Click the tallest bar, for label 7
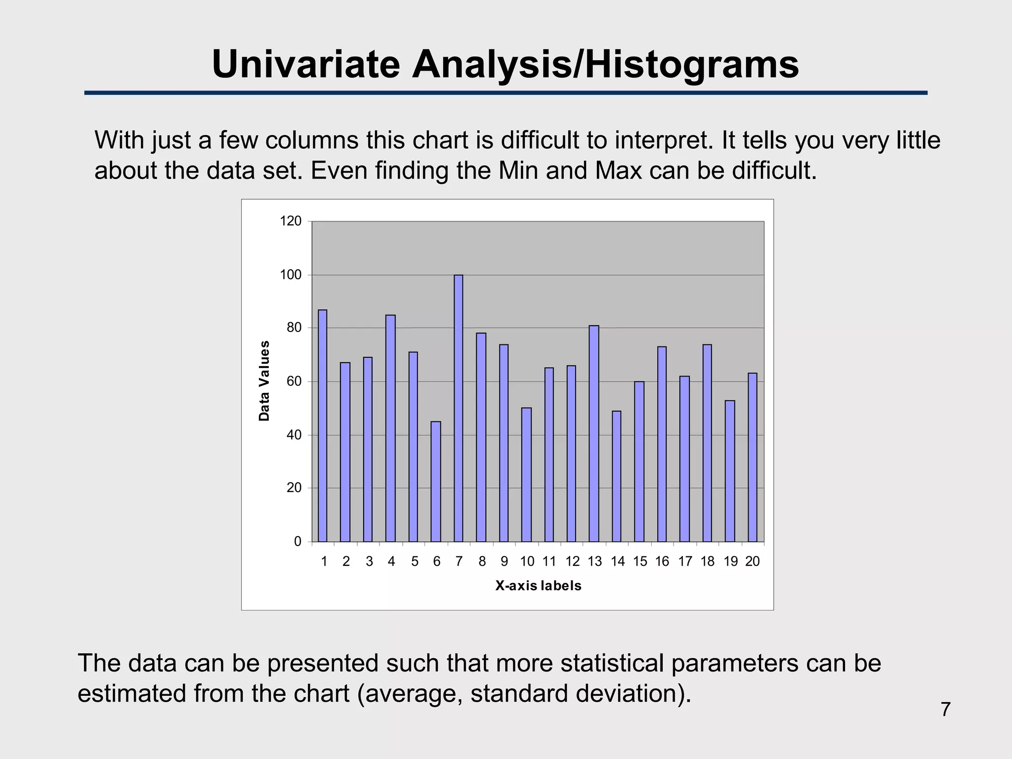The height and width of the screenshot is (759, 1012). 459,408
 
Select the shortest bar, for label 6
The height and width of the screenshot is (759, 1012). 436,481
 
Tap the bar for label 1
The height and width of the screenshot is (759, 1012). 322,425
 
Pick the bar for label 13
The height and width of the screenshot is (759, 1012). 594,433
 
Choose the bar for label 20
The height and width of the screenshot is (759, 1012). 752,457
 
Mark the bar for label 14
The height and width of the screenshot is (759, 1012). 616,476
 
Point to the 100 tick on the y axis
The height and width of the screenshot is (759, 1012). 291,275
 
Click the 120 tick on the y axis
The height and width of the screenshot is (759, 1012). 291,221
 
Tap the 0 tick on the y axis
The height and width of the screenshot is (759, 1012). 297,542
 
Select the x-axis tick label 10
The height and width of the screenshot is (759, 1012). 527,561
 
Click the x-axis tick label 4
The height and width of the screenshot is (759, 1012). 391,561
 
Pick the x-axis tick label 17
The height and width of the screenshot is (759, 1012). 685,561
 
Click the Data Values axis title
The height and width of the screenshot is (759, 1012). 264,380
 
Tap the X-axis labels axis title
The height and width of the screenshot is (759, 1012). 538,586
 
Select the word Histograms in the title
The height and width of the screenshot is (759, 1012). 692,64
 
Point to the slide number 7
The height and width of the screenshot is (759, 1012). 945,709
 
